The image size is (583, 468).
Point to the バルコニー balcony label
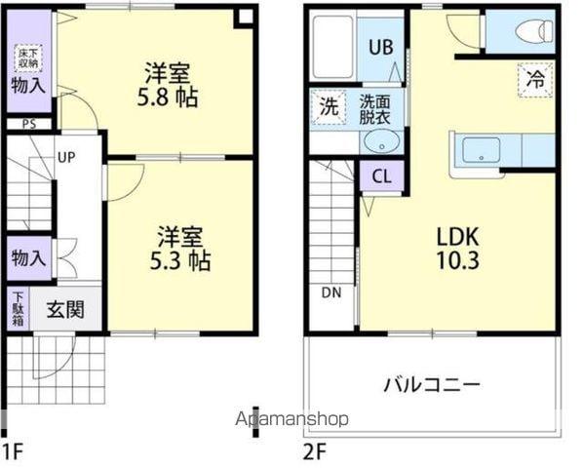tap(431, 384)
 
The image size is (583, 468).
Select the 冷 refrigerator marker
tap(535, 79)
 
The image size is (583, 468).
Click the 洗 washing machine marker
tap(329, 106)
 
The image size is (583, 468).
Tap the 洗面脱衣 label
tap(373, 107)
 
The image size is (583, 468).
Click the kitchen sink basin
tap(482, 150)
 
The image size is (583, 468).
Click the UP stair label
tap(67, 156)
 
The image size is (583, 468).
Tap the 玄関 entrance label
tap(65, 310)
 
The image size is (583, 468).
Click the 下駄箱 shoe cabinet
tap(18, 308)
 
